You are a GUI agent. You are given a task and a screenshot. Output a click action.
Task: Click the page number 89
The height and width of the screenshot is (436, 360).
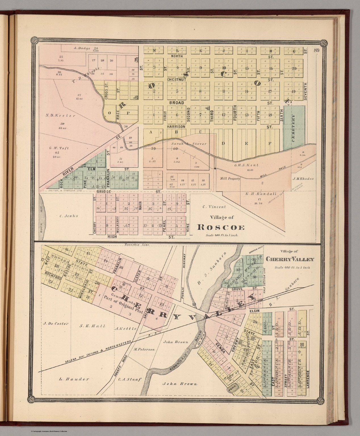pos(317,51)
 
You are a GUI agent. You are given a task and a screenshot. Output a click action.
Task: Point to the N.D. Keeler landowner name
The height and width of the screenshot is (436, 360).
pos(60,116)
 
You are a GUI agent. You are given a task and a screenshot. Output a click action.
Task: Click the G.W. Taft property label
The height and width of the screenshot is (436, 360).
pos(59,148)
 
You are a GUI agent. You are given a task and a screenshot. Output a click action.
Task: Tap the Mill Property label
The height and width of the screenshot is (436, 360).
pos(230,179)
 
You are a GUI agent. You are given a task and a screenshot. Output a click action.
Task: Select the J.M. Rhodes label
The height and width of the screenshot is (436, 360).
pos(304,179)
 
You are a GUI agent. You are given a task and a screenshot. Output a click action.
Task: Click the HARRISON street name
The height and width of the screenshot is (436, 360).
pos(176,126)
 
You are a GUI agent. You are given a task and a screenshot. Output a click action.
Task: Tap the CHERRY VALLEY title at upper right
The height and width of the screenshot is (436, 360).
pos(290,259)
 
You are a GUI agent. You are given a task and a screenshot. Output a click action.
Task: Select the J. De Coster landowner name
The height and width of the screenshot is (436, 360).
pos(56,323)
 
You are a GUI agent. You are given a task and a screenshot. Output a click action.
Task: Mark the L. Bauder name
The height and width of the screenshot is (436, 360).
pos(74,379)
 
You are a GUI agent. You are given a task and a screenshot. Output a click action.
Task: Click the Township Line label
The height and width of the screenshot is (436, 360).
pos(136,245)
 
